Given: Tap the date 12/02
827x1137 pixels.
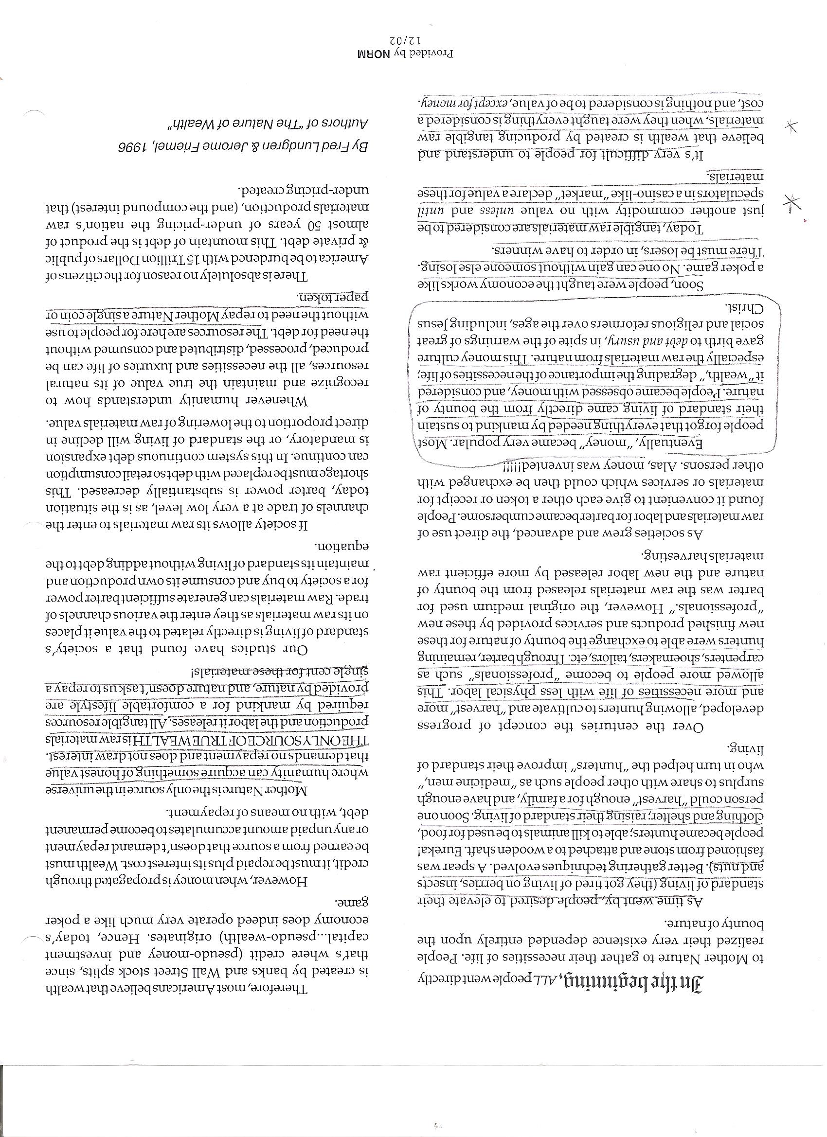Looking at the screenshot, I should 400,40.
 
